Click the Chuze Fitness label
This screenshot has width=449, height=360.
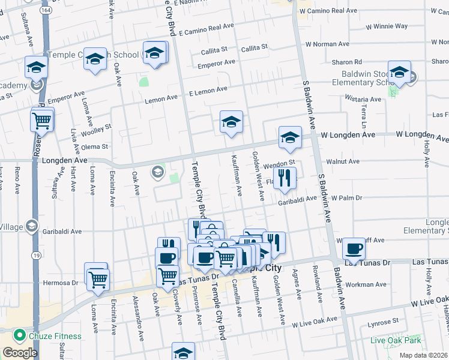coord(56,335)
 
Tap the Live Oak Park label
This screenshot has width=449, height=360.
coord(396,340)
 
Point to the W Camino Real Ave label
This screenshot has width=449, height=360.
coord(328,11)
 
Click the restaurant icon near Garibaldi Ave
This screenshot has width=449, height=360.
coord(285,178)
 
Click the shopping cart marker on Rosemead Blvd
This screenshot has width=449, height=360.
coord(42,120)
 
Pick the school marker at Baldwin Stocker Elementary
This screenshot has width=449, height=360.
coord(399,73)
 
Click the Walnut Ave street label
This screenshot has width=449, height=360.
coord(343,161)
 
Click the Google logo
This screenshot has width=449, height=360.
coord(20,353)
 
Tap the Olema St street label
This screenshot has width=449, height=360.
coord(95,146)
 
